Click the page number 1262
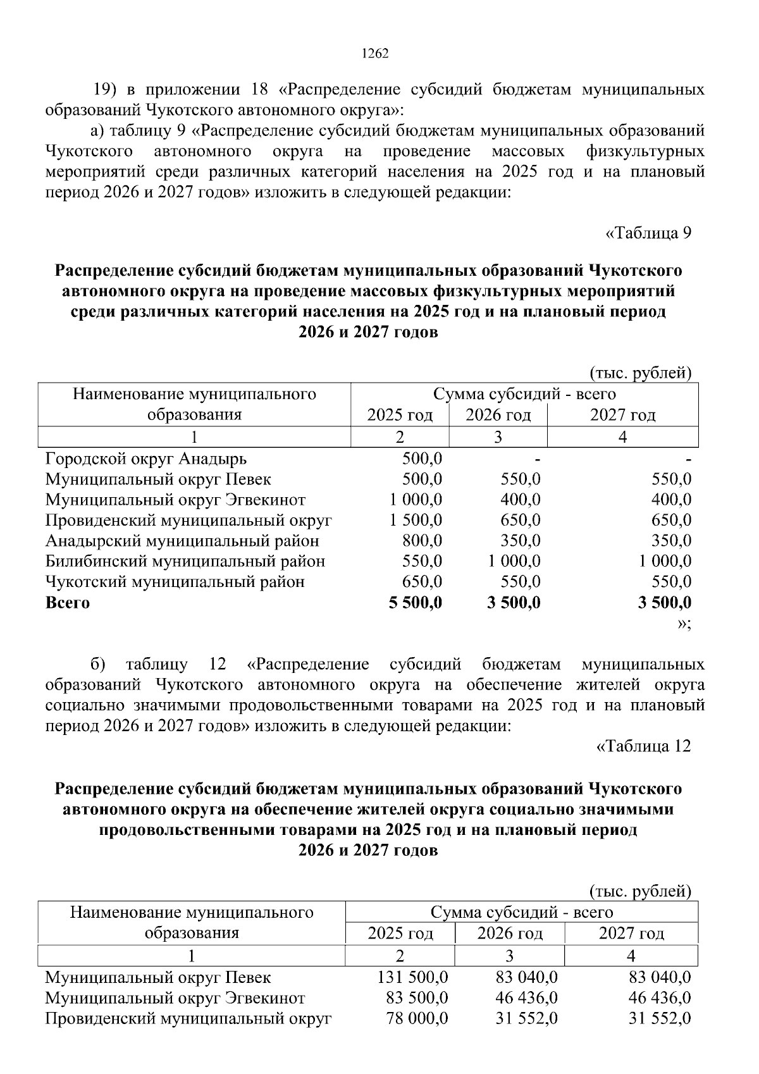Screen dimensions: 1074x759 pyautogui.click(x=374, y=54)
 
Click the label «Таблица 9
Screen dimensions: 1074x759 pyautogui.click(x=648, y=233)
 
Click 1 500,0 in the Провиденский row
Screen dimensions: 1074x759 pyautogui.click(x=416, y=520)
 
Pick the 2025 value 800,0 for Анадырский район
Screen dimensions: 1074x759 pyautogui.click(x=422, y=541)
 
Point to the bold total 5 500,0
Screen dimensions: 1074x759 pyautogui.click(x=416, y=602)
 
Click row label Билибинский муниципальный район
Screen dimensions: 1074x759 pyautogui.click(x=185, y=561)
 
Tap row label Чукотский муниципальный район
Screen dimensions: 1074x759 pyautogui.click(x=175, y=582)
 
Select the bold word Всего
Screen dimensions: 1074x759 pyautogui.click(x=68, y=603)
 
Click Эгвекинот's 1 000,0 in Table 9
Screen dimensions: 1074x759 pyautogui.click(x=416, y=500)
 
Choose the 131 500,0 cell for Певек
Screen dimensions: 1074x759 pyautogui.click(x=412, y=977)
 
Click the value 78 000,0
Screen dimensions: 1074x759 pyautogui.click(x=417, y=1018)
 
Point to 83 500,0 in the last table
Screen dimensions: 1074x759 pyautogui.click(x=417, y=998)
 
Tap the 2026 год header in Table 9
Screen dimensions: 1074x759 pyautogui.click(x=498, y=416)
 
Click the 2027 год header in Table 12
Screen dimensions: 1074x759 pyautogui.click(x=631, y=933)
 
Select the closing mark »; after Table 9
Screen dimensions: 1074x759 pyautogui.click(x=684, y=624)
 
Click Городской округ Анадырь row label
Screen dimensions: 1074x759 pyautogui.click(x=146, y=459)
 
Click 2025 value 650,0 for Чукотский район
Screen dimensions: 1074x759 pyautogui.click(x=422, y=582)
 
